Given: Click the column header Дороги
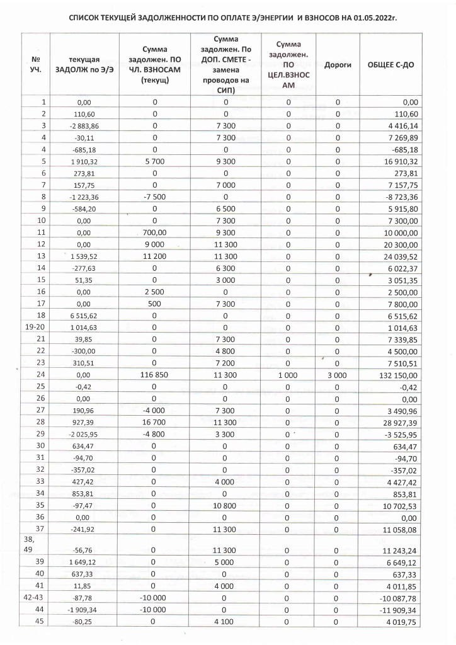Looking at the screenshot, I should click(x=338, y=65).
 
